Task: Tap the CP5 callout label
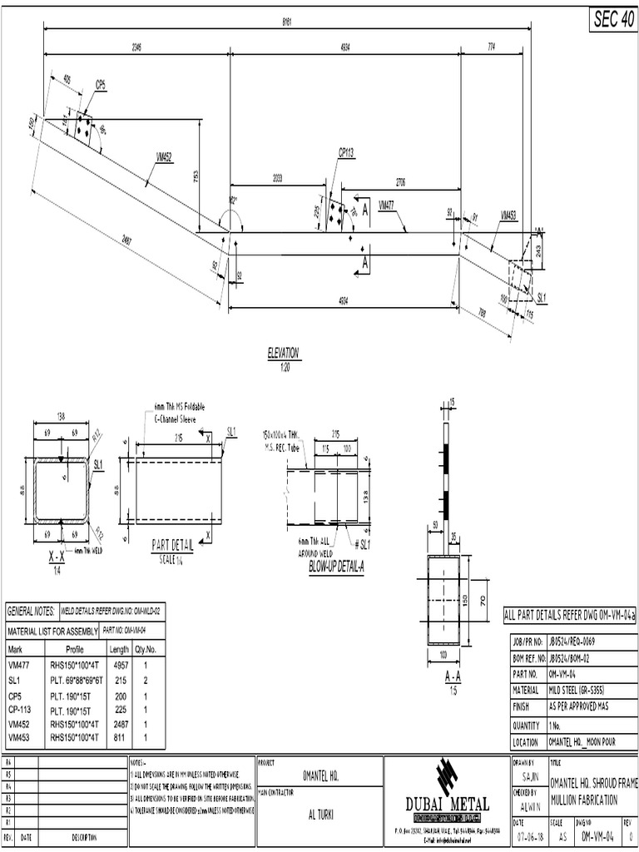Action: tap(101, 85)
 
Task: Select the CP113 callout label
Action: tap(346, 152)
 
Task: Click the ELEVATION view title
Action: tap(283, 353)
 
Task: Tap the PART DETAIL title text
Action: tap(172, 546)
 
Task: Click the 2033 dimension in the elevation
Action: tap(281, 178)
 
